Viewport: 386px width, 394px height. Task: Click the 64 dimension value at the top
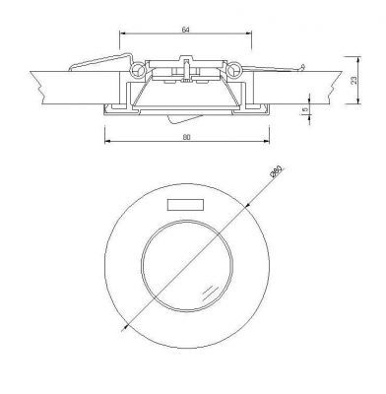tap(185, 29)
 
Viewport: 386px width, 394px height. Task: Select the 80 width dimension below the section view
tap(185, 137)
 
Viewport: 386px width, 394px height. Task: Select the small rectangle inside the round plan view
tap(183, 205)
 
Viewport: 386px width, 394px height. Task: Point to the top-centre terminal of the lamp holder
tap(185, 62)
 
